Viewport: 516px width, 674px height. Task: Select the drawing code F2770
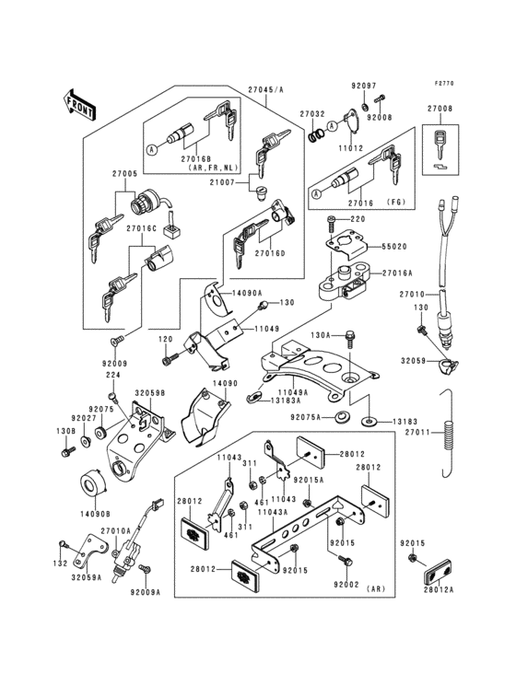[x=445, y=84]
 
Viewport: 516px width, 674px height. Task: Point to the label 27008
[x=440, y=109]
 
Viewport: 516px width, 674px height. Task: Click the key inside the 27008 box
[x=440, y=140]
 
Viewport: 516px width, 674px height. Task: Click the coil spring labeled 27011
[x=448, y=443]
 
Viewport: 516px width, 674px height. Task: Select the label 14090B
[x=95, y=513]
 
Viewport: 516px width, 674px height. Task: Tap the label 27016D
[x=270, y=252]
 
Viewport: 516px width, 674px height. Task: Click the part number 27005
[x=124, y=173]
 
